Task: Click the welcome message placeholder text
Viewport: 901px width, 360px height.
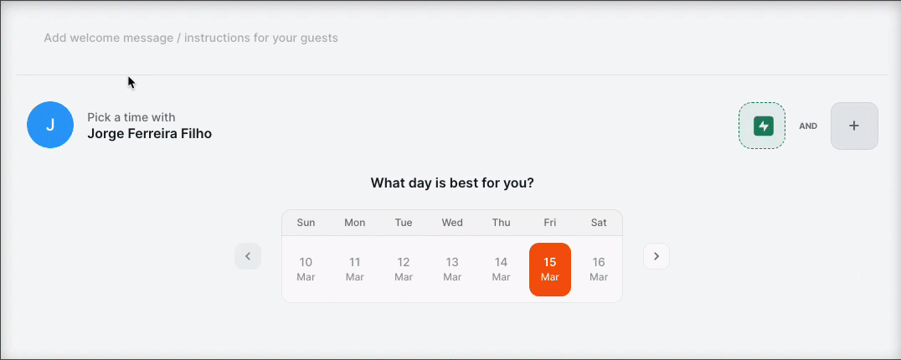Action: pyautogui.click(x=191, y=38)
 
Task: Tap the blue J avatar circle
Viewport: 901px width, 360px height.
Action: pyautogui.click(x=50, y=125)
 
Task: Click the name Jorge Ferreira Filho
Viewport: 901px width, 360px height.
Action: pyautogui.click(x=149, y=134)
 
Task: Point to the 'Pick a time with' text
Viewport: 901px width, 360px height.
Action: pyautogui.click(x=131, y=117)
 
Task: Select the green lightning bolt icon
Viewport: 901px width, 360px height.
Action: pyautogui.click(x=764, y=126)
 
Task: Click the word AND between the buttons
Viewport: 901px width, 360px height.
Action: pyautogui.click(x=808, y=126)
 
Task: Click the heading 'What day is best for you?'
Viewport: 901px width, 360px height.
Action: pyautogui.click(x=452, y=183)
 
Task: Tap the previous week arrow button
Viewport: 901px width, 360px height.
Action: pyautogui.click(x=248, y=256)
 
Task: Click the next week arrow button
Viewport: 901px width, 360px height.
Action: pyautogui.click(x=656, y=256)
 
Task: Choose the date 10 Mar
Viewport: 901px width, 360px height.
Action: pyautogui.click(x=306, y=270)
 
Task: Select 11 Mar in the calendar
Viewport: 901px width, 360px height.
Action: pyautogui.click(x=354, y=270)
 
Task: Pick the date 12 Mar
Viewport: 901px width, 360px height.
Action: pyautogui.click(x=404, y=270)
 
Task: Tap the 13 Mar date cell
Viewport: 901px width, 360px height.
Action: pyautogui.click(x=452, y=270)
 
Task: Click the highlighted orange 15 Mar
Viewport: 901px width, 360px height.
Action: pyautogui.click(x=550, y=270)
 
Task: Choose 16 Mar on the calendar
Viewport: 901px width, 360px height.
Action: pyautogui.click(x=599, y=270)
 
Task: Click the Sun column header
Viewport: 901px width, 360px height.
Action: pyautogui.click(x=306, y=223)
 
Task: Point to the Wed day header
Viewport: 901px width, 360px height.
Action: pyautogui.click(x=452, y=223)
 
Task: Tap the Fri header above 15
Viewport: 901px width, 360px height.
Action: pyautogui.click(x=550, y=223)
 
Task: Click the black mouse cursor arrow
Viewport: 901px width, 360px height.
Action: pyautogui.click(x=131, y=83)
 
